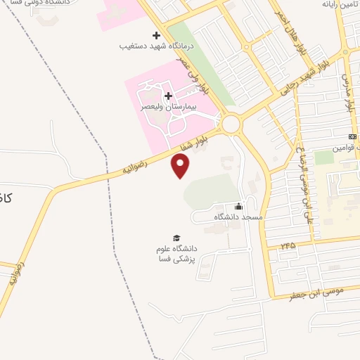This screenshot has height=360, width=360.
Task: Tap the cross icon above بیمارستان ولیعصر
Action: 168,96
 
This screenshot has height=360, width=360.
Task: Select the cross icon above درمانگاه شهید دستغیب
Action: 156,35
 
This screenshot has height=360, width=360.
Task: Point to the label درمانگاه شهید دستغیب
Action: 156,46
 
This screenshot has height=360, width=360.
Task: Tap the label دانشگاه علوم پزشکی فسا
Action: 176,254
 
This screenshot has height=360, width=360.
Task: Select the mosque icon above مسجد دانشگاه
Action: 238,207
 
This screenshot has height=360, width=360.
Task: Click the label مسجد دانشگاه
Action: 238,217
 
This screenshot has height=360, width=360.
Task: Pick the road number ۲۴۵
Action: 288,245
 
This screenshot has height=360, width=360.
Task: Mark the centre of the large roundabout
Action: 230,124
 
